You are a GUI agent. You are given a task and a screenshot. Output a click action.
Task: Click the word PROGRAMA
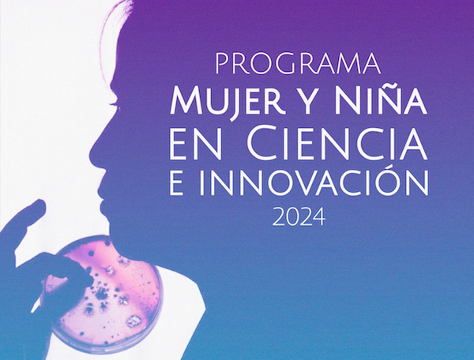click(298, 63)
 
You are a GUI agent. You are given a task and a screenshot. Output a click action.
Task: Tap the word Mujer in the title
click(228, 101)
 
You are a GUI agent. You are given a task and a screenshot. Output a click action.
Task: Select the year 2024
click(299, 217)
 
